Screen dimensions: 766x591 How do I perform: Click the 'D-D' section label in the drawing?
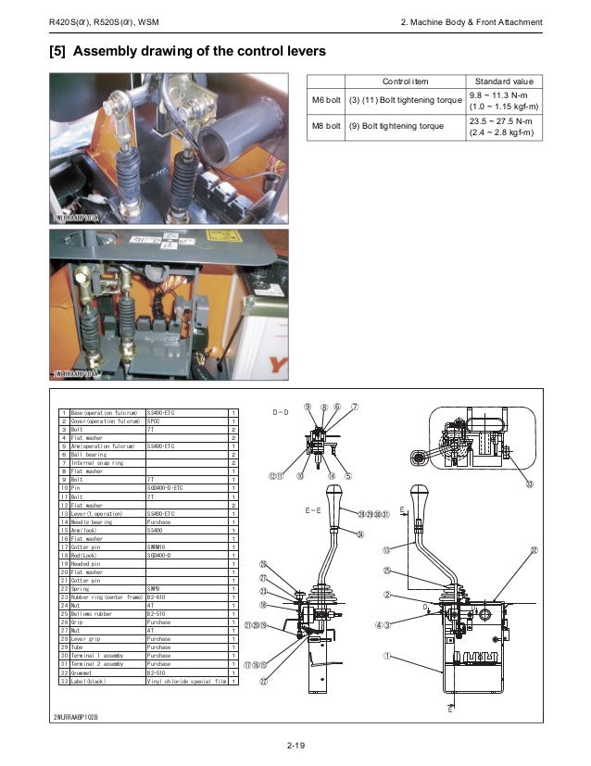coord(281,410)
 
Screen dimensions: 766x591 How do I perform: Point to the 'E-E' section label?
coord(313,509)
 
